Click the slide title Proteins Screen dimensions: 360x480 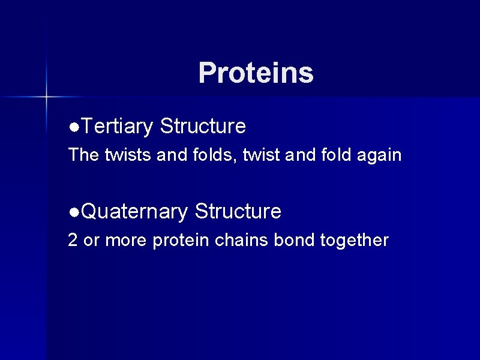[x=256, y=73]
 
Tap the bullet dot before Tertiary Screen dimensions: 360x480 [x=73, y=127]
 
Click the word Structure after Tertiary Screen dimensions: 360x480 [x=203, y=127]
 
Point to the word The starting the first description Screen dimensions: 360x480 [x=84, y=155]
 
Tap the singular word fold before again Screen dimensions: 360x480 [x=337, y=155]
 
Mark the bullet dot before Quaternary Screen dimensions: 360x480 [x=73, y=212]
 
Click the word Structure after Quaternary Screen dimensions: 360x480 [x=238, y=211]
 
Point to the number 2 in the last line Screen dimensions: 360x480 [x=73, y=241]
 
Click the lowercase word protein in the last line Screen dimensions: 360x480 [x=180, y=241]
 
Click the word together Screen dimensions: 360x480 [x=355, y=241]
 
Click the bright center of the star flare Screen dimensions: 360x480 [x=46, y=96]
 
